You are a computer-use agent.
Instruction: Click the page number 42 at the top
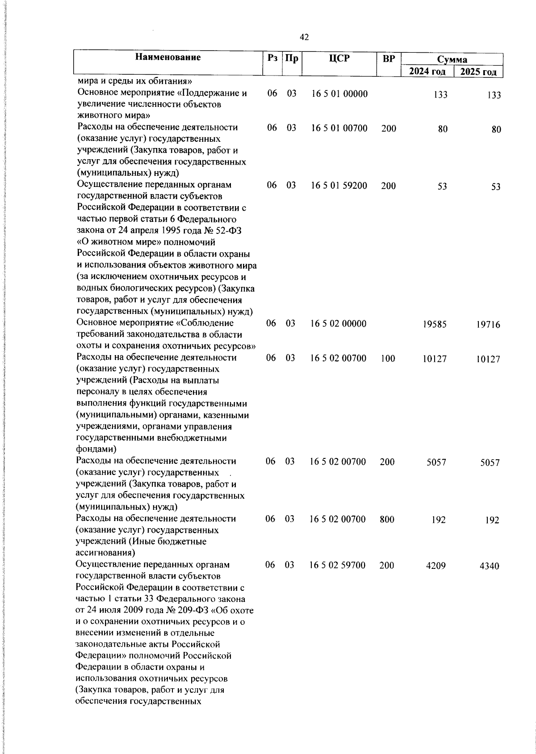tap(304, 38)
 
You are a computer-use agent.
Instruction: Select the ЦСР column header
tap(339, 58)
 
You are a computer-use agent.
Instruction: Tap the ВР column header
tap(389, 58)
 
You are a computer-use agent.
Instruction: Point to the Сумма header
tap(452, 59)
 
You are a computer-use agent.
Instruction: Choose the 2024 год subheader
tap(427, 72)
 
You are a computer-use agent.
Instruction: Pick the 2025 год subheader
tap(478, 72)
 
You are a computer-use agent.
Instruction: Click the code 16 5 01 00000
tap(339, 94)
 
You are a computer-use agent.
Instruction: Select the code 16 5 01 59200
tap(339, 186)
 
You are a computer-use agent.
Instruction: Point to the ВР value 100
tap(388, 359)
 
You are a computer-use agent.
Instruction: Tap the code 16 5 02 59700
tap(338, 565)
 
